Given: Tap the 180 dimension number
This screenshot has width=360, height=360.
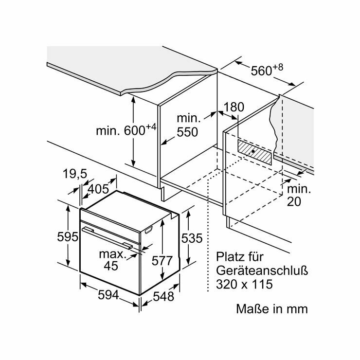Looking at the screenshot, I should click(234, 108).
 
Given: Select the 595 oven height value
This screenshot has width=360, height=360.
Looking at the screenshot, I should click(68, 237).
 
